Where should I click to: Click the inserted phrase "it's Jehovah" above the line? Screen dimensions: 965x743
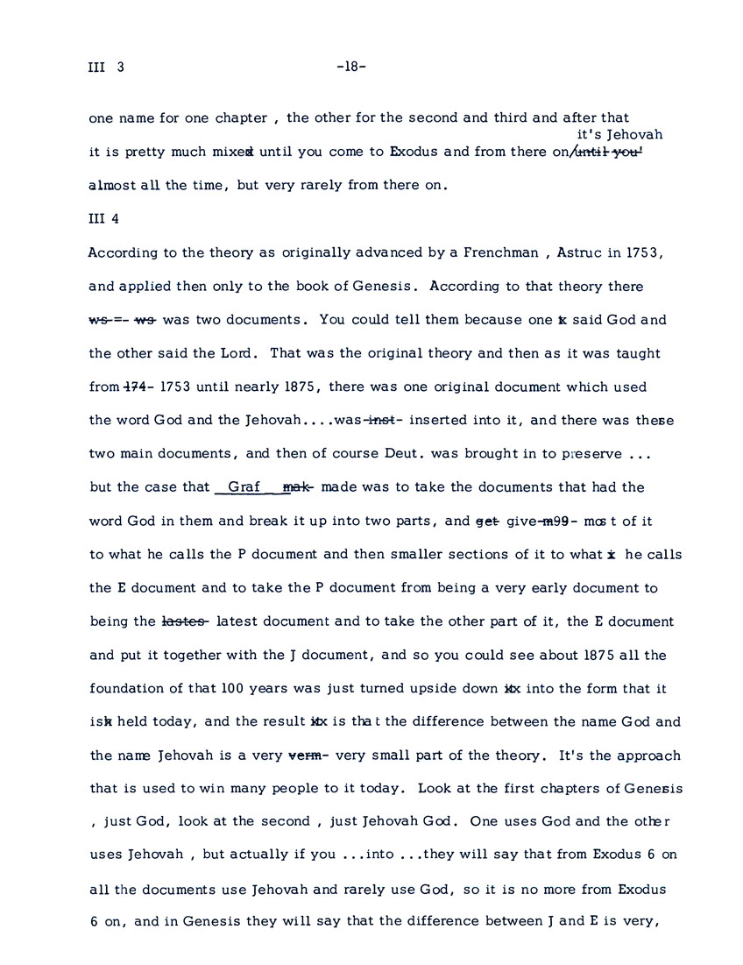[x=619, y=135]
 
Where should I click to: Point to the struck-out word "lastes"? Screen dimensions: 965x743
[x=185, y=621]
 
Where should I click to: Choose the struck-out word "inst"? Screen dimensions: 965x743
[x=378, y=420]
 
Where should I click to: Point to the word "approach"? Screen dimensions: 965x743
[x=648, y=756]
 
